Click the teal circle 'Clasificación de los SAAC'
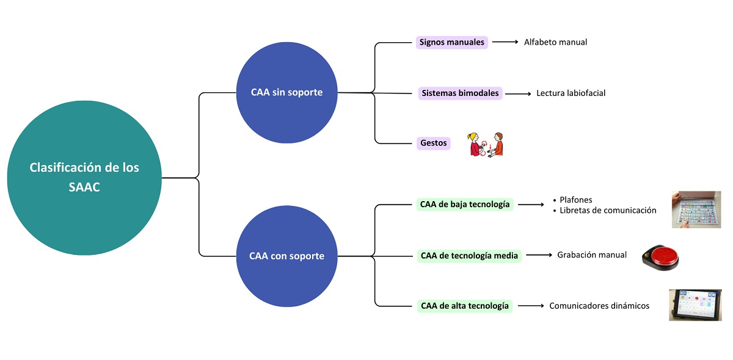[84, 178]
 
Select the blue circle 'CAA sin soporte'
[286, 93]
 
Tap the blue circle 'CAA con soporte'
[286, 256]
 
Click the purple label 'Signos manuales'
[452, 43]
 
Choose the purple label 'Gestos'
[433, 144]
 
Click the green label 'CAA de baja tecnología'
[465, 205]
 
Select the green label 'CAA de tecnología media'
[469, 255]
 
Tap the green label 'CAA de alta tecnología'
[464, 306]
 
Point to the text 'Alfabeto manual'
[555, 43]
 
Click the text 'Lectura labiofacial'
[571, 94]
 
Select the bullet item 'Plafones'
[576, 200]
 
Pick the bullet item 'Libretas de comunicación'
[608, 210]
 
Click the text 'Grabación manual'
[591, 255]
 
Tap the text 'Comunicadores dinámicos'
[599, 306]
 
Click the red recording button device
[660, 257]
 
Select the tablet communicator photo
[695, 305]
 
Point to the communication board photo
[696, 210]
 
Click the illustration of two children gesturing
[487, 144]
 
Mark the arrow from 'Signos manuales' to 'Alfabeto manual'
[505, 42]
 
